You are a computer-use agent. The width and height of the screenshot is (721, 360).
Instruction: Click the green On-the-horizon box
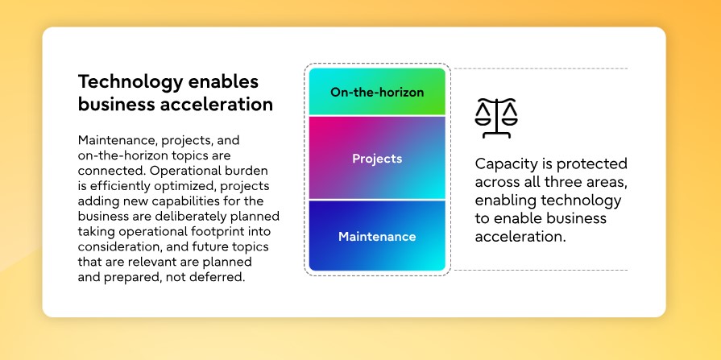click(x=377, y=92)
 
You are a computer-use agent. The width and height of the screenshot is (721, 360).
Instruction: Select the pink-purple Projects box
click(x=377, y=158)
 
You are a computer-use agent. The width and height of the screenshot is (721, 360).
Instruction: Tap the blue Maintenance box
click(x=377, y=236)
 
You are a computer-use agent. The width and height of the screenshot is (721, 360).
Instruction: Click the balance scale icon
click(x=496, y=118)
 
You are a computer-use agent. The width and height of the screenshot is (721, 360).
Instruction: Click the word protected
click(x=592, y=164)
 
